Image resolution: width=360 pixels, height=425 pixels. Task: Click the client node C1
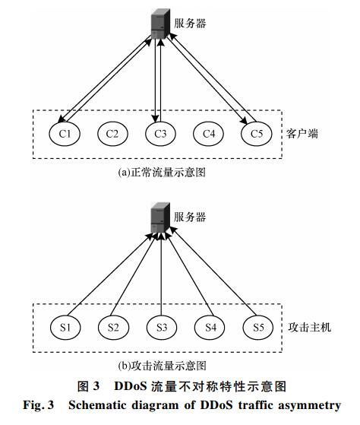[x=65, y=134]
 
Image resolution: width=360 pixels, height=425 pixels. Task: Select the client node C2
[x=112, y=134]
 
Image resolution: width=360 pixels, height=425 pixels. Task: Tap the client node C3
[x=160, y=134]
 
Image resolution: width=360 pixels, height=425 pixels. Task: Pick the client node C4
[x=209, y=134]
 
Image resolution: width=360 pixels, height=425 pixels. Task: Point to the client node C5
[x=257, y=134]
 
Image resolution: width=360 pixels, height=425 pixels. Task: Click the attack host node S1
[x=65, y=327]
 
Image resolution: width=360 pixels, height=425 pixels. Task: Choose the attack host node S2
[x=113, y=327]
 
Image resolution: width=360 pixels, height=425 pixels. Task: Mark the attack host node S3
[x=162, y=327]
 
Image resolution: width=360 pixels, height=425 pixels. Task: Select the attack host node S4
[x=210, y=327]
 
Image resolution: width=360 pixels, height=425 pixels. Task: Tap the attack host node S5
[x=258, y=327]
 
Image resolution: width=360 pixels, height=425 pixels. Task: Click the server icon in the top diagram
[x=160, y=24]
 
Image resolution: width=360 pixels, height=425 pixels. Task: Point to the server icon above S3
[x=160, y=217]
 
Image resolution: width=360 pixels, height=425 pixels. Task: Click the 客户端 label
[x=302, y=134]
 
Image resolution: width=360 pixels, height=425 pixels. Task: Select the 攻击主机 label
[x=309, y=328]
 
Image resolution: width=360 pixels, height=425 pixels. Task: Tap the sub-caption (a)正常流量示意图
[x=162, y=173]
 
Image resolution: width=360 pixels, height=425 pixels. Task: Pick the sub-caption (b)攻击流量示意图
[x=162, y=366]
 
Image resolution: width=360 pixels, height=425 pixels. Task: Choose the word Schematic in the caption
[x=98, y=405]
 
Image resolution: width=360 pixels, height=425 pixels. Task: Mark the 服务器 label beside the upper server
[x=190, y=24]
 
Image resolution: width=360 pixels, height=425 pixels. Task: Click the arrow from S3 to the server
[x=161, y=274]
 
